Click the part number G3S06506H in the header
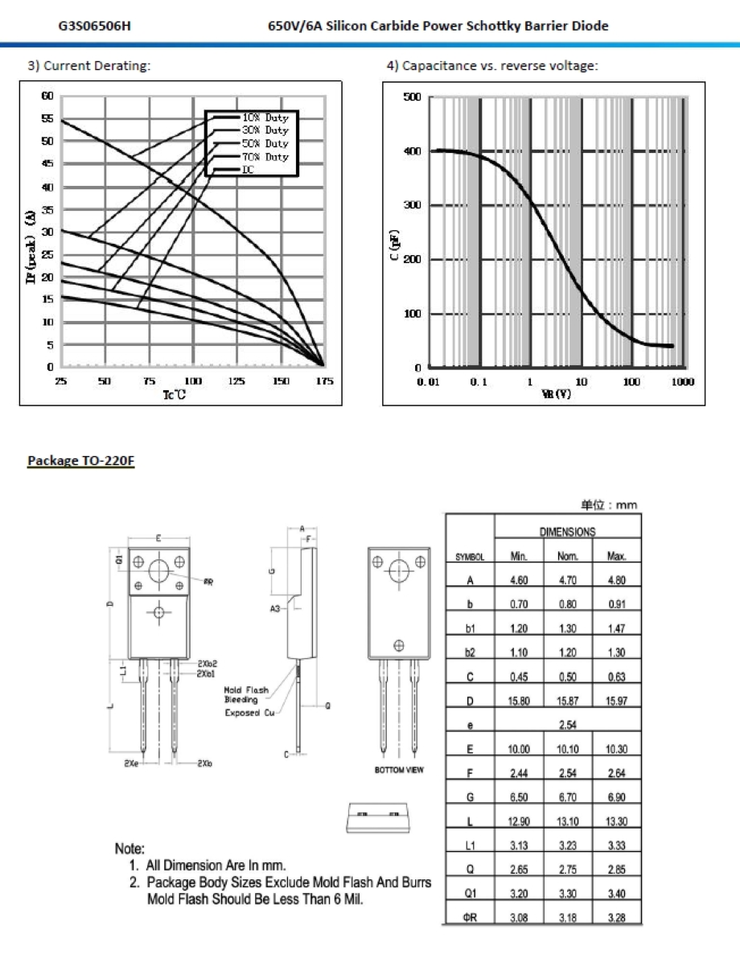pyautogui.click(x=95, y=26)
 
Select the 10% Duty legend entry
pyautogui.click(x=265, y=117)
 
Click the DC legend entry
pyautogui.click(x=249, y=170)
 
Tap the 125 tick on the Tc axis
pyautogui.click(x=236, y=381)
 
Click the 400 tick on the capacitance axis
pyautogui.click(x=412, y=151)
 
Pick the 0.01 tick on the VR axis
pyautogui.click(x=428, y=381)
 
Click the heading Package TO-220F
pyautogui.click(x=80, y=461)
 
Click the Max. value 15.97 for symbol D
pyautogui.click(x=616, y=701)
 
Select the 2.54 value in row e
pyautogui.click(x=567, y=725)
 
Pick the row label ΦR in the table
pyautogui.click(x=470, y=918)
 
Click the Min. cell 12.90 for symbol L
pyautogui.click(x=519, y=821)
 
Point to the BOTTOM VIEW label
pyautogui.click(x=399, y=770)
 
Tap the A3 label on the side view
pyautogui.click(x=274, y=610)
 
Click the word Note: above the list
pyautogui.click(x=129, y=849)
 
